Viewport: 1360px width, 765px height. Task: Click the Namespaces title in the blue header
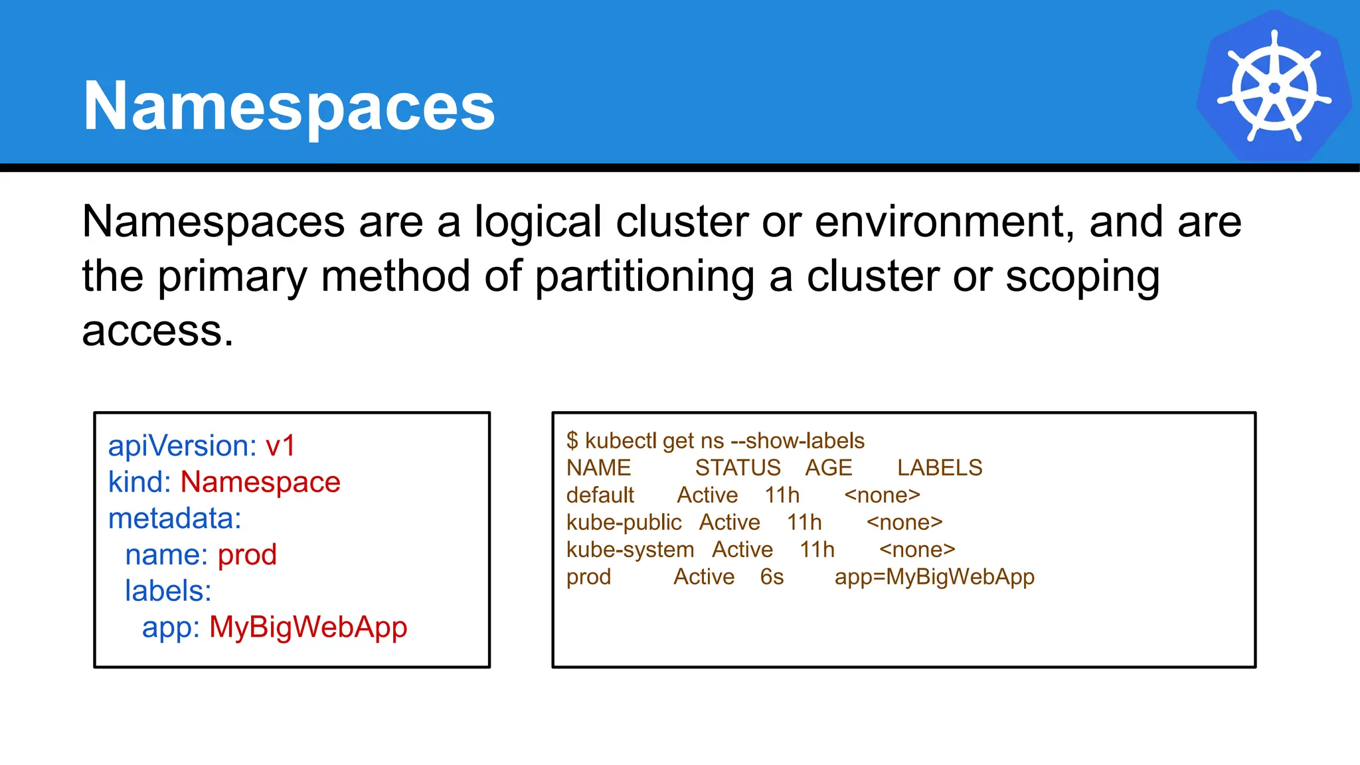coord(289,106)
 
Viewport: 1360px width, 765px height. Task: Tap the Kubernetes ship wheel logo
coord(1274,86)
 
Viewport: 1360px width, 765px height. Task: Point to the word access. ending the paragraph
coord(158,331)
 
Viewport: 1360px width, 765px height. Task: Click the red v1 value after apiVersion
coord(280,446)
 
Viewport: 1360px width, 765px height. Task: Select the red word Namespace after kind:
coord(260,482)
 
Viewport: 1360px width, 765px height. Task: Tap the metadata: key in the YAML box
coord(175,519)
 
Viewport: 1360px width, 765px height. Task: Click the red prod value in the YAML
coord(247,554)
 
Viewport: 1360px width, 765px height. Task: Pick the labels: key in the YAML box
coord(168,591)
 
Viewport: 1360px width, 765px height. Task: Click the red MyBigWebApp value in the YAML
coord(308,628)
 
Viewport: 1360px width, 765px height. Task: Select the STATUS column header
coord(738,468)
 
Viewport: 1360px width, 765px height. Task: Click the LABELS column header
coord(940,468)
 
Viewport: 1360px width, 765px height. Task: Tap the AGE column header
coord(828,468)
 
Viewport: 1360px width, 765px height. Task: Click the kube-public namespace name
coord(624,523)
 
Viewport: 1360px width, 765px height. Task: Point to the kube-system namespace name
coord(630,550)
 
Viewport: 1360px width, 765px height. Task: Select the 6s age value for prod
coord(772,577)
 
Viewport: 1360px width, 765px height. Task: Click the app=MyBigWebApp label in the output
coord(934,577)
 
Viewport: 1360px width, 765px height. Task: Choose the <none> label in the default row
coord(882,495)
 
